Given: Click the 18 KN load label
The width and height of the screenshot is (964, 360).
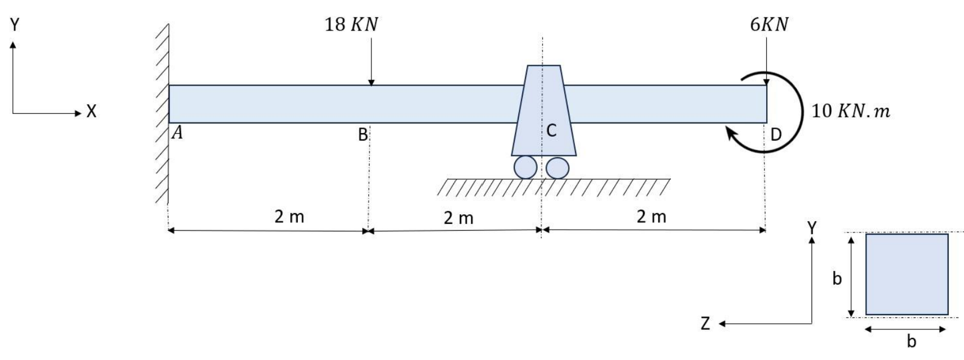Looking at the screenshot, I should [351, 25].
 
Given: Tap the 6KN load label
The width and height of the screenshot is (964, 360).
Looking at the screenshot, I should [769, 24].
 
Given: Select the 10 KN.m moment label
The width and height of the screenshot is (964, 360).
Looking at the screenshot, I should [850, 111].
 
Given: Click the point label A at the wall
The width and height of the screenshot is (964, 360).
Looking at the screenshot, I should [177, 133].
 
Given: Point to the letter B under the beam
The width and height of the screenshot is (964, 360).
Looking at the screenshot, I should [362, 135].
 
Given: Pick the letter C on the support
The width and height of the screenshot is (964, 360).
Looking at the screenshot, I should [551, 131].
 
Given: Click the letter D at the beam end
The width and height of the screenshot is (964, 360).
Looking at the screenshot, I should [776, 134].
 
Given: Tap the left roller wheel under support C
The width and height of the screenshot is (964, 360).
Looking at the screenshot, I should [525, 168].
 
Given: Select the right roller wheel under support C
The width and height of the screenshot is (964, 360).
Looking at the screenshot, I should [557, 168].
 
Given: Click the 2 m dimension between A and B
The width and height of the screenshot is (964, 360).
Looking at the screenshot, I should [289, 217].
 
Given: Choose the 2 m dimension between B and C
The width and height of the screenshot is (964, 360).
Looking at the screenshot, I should [458, 218].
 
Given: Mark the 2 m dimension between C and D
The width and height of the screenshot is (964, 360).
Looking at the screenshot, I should [651, 217].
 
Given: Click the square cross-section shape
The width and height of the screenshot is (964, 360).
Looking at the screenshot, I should [906, 274].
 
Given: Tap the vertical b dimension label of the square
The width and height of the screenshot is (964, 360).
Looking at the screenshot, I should [837, 278].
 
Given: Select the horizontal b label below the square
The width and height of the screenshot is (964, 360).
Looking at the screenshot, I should [911, 341].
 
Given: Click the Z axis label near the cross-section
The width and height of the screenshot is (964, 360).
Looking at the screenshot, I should [705, 324].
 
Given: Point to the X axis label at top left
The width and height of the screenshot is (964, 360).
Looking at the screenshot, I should [91, 112].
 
